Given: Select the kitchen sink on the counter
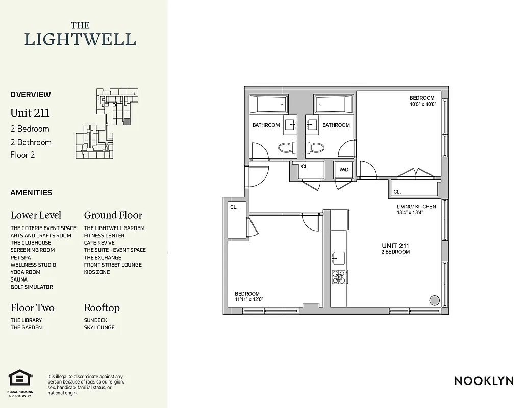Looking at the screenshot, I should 339,258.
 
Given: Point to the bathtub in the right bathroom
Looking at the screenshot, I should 333,105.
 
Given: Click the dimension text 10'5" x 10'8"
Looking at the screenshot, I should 422,104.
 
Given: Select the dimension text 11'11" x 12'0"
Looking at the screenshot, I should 249,299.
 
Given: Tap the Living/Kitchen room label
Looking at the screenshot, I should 416,206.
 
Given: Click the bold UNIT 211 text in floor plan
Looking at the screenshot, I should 395,246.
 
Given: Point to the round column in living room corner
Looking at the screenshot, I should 434,300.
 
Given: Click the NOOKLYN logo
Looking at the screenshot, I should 484,380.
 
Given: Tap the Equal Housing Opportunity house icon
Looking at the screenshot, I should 20,378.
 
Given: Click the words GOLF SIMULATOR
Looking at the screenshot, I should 32,287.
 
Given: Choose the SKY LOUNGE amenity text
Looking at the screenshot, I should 99,327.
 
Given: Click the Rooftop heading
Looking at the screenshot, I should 102,308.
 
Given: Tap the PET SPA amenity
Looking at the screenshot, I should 20,258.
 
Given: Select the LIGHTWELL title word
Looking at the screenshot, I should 80,39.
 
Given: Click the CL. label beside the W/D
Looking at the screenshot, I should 305,167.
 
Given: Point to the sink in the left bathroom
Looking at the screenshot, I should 290,124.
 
